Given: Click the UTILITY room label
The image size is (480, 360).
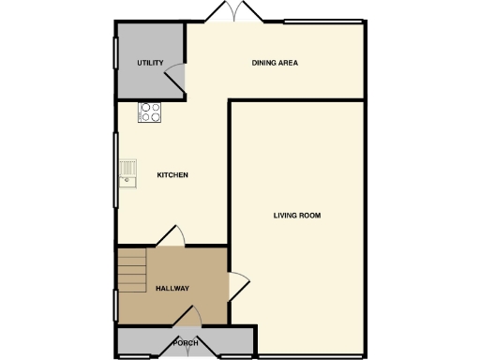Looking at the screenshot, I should (x=150, y=64).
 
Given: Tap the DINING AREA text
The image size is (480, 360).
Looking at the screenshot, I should (x=275, y=64).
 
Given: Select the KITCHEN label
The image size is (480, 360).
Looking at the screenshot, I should (x=172, y=175).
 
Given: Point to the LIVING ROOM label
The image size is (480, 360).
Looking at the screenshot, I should (x=297, y=216).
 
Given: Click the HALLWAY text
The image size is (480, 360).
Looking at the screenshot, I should (x=172, y=289).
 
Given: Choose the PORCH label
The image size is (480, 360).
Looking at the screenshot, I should (x=186, y=343).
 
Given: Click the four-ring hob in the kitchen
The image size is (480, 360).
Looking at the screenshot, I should (x=150, y=112).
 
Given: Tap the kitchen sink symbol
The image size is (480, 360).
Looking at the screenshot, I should (x=127, y=173).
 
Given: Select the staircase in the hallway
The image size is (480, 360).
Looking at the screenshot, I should (x=132, y=272).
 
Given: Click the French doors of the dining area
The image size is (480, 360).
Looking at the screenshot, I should (x=233, y=12).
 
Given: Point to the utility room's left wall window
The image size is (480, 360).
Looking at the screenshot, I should (x=116, y=65).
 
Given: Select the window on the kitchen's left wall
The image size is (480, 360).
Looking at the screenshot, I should (x=116, y=172).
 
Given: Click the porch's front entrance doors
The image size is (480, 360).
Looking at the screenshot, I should (x=187, y=354).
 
